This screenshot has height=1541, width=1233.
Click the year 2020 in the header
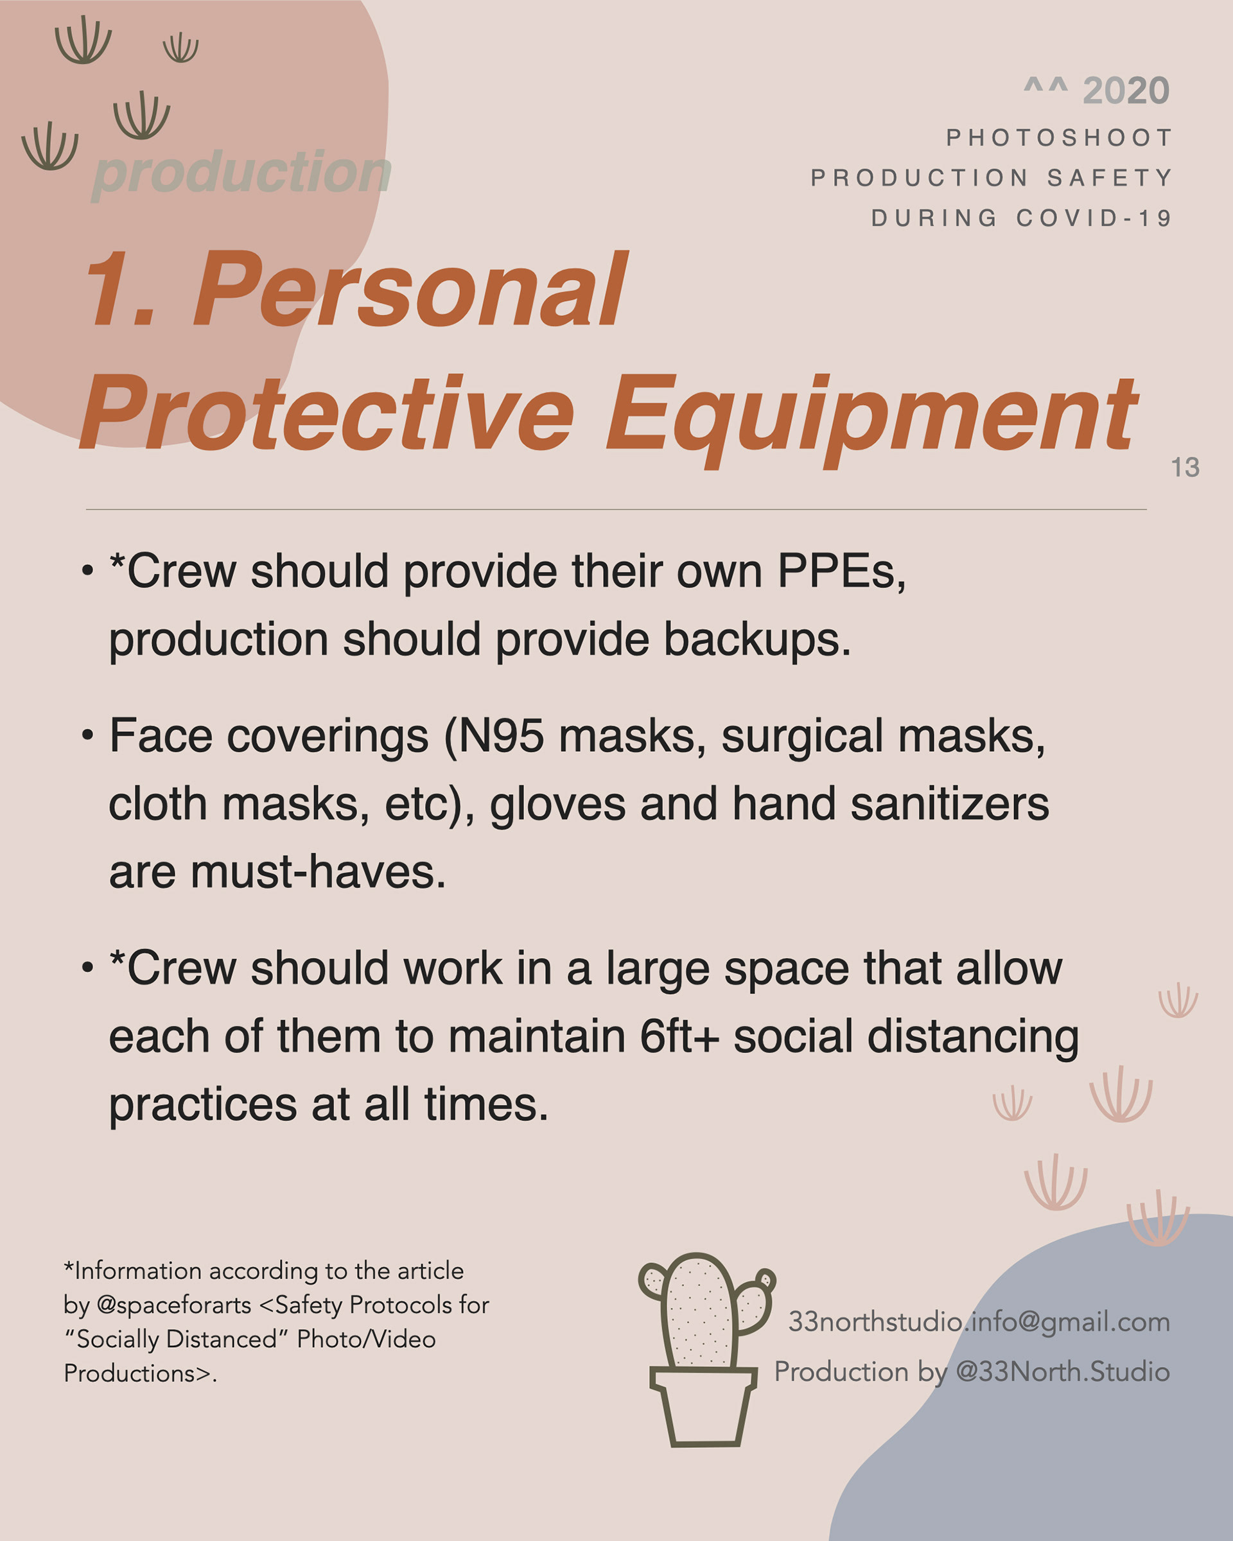(x=1126, y=91)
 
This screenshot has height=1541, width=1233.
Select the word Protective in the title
(x=327, y=412)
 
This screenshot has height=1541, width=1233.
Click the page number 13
(x=1185, y=467)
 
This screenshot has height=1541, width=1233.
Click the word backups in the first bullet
(x=757, y=639)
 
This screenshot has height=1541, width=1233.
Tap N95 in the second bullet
(x=500, y=736)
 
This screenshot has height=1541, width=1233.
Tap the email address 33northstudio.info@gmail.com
(x=979, y=1322)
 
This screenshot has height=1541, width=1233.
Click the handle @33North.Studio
(x=1062, y=1371)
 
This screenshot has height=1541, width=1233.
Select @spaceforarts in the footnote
(x=173, y=1305)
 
